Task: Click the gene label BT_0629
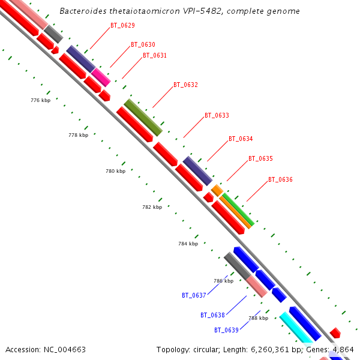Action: click(x=122, y=26)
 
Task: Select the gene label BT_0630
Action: click(x=143, y=45)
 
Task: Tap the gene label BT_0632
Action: click(x=185, y=85)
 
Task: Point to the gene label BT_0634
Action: click(x=241, y=139)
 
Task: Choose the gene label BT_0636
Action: click(x=280, y=180)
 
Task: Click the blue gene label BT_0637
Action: click(x=194, y=295)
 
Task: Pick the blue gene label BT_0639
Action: click(x=226, y=330)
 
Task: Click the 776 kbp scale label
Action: click(x=40, y=100)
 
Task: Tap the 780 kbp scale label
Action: click(x=115, y=172)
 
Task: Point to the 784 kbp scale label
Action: click(x=188, y=244)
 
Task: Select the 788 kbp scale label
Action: click(x=258, y=318)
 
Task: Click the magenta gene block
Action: click(x=101, y=77)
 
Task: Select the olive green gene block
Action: click(x=143, y=118)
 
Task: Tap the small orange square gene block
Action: click(x=217, y=190)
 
